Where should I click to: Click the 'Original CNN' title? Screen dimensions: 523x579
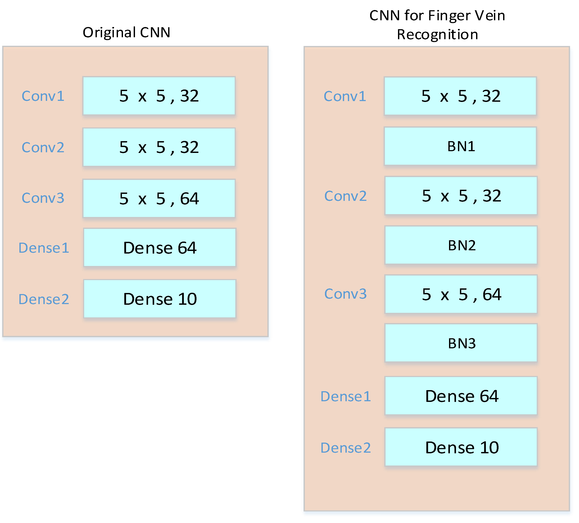click(x=126, y=32)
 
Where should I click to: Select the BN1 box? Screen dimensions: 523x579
click(x=460, y=146)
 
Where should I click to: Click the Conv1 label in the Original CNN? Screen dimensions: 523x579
click(x=43, y=96)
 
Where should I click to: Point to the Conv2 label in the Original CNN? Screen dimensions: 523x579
click(x=43, y=147)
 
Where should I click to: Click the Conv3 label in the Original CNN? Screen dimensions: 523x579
click(x=43, y=198)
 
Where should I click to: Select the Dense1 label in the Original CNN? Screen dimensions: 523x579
click(x=44, y=248)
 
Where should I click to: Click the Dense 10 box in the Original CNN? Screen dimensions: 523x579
click(x=160, y=299)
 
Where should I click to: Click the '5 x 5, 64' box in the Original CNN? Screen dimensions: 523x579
click(x=159, y=198)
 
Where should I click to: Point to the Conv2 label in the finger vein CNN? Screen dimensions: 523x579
click(x=345, y=196)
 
